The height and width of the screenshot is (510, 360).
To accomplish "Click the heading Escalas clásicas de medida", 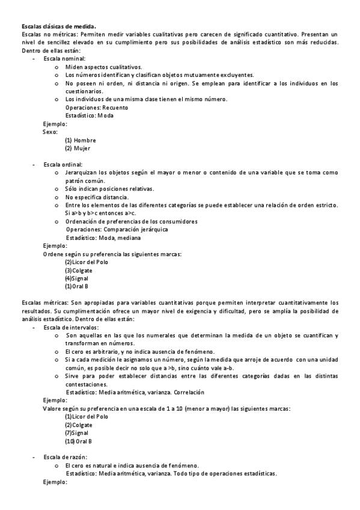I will pos(58,26).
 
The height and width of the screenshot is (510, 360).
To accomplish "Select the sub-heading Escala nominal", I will pos(64,59).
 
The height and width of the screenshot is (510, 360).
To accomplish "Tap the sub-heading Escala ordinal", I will pos(63,164).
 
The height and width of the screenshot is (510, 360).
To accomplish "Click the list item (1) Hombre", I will pos(81,140).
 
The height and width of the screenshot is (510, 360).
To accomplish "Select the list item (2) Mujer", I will pos(78,148).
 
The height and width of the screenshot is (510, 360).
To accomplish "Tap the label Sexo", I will pos(50,132).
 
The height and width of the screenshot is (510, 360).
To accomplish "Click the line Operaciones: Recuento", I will pos(97,107).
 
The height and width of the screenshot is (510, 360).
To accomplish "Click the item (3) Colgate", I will pos(78,270).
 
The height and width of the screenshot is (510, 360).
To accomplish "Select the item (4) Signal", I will pos(76,278).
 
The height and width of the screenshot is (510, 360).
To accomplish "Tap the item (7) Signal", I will pos(76,432).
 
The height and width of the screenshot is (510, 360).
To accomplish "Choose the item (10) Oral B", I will pos(78,441).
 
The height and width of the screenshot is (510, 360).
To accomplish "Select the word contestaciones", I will pos(87,384).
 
